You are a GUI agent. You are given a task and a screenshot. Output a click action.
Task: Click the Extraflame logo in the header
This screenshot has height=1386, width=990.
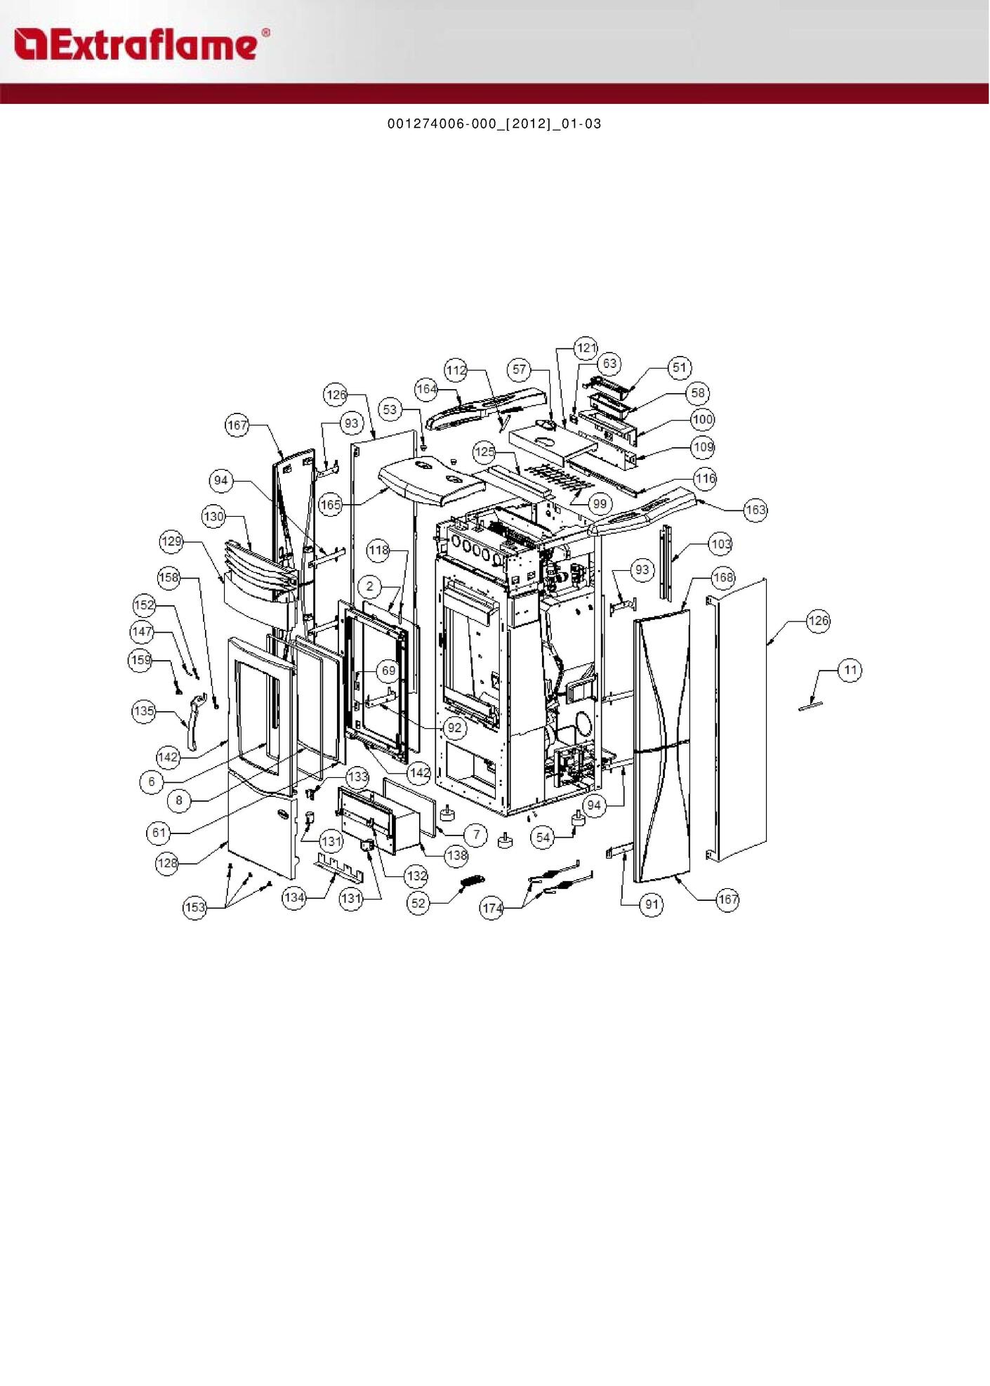pos(141,44)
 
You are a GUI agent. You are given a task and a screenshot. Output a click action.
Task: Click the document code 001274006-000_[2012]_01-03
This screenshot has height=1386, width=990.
pos(494,124)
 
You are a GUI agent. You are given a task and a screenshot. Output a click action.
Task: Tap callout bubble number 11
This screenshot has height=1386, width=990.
pos(850,670)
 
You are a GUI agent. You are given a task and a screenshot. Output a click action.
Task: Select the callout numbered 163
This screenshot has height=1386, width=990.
pos(755,509)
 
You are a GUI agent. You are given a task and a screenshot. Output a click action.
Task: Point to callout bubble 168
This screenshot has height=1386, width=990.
pos(723,578)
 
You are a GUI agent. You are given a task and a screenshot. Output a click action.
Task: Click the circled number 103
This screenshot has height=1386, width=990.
pos(721,544)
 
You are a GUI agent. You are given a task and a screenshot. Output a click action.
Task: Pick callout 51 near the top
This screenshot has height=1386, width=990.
pos(679,367)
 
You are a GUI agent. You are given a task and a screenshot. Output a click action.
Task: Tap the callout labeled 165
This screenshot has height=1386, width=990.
pos(331,504)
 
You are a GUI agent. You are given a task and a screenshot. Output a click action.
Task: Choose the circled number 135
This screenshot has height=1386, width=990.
pos(144,711)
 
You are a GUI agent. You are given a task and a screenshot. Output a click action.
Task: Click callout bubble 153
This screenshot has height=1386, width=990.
pos(194,907)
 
